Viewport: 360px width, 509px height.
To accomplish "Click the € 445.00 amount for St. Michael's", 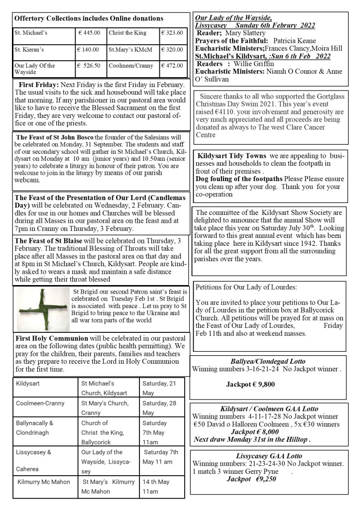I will (x=90, y=33).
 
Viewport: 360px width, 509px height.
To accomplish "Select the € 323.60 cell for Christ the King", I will (x=172, y=33).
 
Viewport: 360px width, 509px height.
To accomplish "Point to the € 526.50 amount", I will (x=90, y=65).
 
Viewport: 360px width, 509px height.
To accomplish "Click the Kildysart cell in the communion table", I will (x=28, y=384).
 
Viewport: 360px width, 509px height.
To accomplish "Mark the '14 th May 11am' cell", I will (x=156, y=487).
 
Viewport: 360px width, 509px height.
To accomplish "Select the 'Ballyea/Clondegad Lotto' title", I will (x=268, y=361).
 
